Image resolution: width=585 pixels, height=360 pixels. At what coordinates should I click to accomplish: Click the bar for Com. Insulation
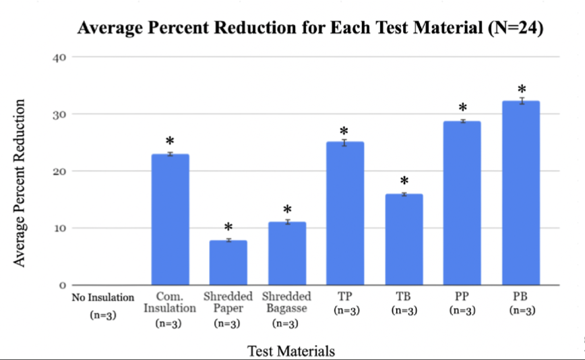point(170,220)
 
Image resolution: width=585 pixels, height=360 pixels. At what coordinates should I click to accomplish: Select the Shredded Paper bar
point(228,262)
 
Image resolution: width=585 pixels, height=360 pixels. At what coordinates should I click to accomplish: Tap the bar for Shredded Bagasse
point(286,253)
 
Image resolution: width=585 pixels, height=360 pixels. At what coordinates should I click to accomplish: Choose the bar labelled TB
point(404,239)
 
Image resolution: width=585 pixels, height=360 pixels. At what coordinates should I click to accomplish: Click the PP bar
point(462,203)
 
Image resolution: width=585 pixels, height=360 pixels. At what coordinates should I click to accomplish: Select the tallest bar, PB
point(521,193)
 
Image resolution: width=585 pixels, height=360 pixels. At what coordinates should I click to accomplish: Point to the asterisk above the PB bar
point(521,90)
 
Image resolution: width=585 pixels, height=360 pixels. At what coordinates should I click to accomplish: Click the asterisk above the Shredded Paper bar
point(228,228)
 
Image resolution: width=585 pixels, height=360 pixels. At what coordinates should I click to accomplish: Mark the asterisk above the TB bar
point(404,182)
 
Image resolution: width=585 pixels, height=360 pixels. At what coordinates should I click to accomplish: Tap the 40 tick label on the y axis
point(59,57)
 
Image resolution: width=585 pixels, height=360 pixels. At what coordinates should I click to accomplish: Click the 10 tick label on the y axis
point(59,228)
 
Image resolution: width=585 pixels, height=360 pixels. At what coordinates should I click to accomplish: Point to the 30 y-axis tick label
point(59,114)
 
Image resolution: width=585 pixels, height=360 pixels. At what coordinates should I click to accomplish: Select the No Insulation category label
point(103,297)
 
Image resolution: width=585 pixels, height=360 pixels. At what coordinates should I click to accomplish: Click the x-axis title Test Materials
point(291,351)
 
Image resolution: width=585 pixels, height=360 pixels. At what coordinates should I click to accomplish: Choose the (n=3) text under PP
point(462,311)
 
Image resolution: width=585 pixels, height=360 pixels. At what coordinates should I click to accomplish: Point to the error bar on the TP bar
point(345,142)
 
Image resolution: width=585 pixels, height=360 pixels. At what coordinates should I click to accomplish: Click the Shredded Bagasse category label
point(286,302)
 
